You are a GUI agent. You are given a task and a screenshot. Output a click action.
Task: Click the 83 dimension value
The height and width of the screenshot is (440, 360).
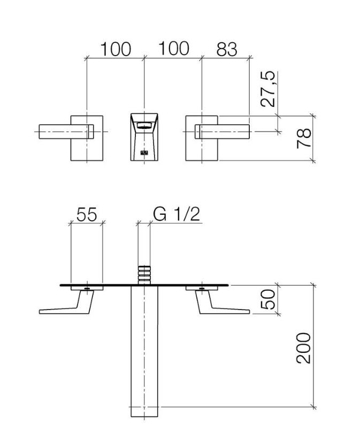226,49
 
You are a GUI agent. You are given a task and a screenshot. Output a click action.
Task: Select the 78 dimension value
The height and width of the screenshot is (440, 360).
304,138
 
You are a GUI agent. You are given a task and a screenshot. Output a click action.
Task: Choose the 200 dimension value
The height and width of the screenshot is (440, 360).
304,348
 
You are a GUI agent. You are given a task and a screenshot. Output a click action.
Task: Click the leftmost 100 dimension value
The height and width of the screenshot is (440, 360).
116,49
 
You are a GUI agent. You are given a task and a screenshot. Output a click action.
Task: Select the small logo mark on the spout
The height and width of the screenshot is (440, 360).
143,153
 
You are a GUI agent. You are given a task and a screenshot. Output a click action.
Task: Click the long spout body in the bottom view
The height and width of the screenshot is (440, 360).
144,353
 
